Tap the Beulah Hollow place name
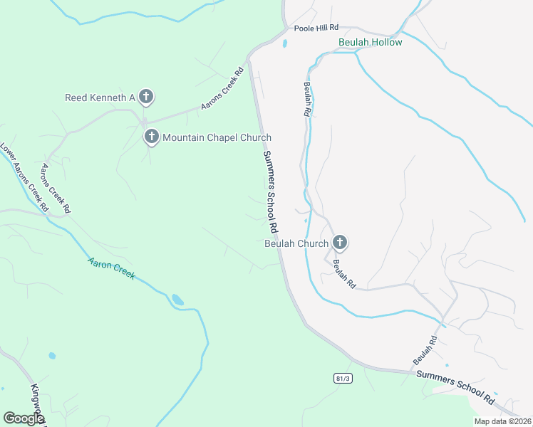click(370, 42)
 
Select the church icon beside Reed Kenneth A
click(145, 97)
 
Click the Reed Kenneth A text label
click(100, 97)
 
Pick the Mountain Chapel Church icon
click(151, 137)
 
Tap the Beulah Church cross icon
click(340, 243)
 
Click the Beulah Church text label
click(296, 243)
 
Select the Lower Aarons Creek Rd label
click(24, 179)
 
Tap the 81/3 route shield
click(342, 378)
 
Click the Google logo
click(24, 418)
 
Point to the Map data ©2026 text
click(502, 421)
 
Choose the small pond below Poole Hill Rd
click(285, 44)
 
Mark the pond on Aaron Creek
click(177, 300)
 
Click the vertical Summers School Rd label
click(269, 192)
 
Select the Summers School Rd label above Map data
click(455, 385)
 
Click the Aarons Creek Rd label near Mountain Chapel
click(222, 88)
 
